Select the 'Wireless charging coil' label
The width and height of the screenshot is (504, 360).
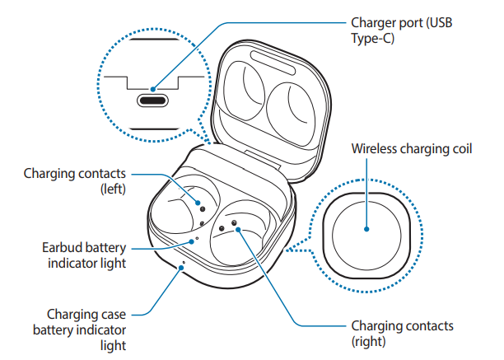tap(411, 149)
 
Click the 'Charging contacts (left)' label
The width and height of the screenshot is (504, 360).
tap(74, 181)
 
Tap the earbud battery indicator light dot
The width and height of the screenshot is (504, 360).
tap(196, 241)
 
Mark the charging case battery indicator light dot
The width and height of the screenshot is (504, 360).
tap(183, 265)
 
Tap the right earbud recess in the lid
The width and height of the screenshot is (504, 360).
tap(290, 107)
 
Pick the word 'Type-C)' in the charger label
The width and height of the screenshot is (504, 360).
tap(371, 38)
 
